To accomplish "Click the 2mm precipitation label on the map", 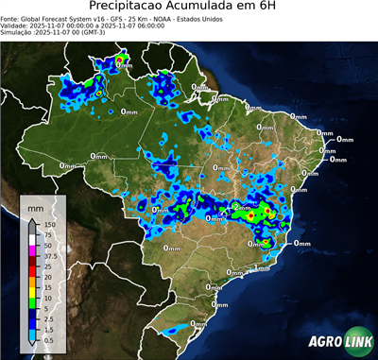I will tap(242, 206).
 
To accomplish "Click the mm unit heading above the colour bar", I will tap(35, 207).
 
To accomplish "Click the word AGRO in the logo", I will tap(323, 341).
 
